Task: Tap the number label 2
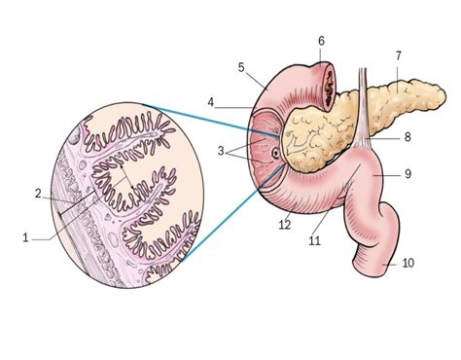point(38,194)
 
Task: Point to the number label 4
point(210,100)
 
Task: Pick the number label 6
point(321,40)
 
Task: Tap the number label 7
point(398,55)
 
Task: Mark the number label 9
point(408,175)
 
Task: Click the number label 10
point(408,264)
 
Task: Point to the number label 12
point(284,226)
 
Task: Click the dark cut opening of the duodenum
point(321,74)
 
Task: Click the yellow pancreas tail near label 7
point(399,92)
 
